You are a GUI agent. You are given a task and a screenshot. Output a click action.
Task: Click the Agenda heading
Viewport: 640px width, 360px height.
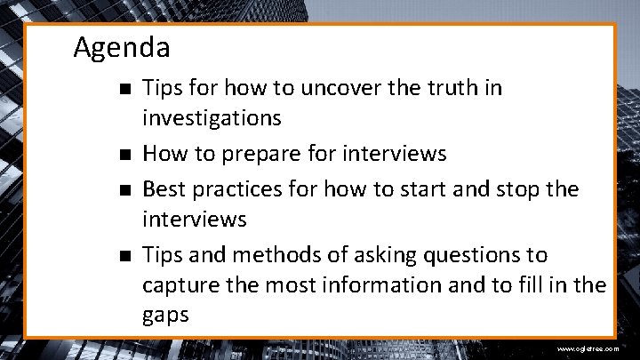pyautogui.click(x=122, y=46)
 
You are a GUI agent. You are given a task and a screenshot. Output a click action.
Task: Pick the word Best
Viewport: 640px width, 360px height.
pyautogui.click(x=163, y=188)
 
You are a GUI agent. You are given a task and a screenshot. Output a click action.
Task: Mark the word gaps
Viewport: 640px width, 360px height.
pyautogui.click(x=166, y=316)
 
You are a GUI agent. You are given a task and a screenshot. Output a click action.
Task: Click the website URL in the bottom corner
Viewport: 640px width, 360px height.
pyautogui.click(x=588, y=349)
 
